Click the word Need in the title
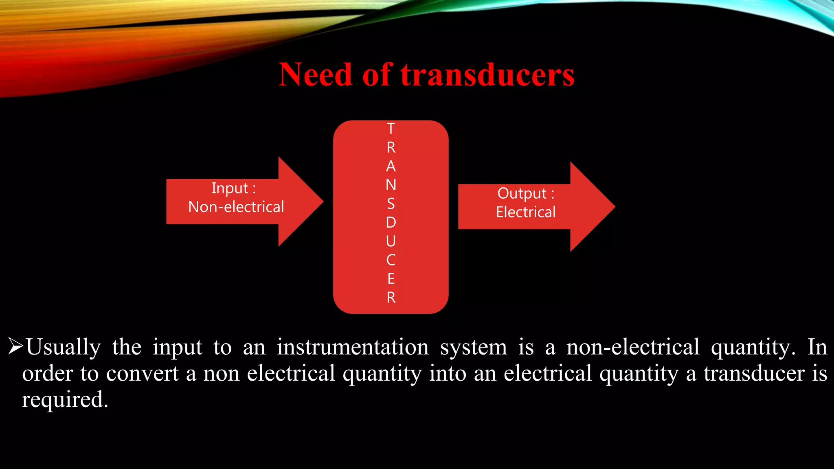tap(315, 75)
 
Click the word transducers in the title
tap(487, 75)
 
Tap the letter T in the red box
tap(391, 129)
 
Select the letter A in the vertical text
tap(391, 166)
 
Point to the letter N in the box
tap(391, 185)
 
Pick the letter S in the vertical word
tap(391, 204)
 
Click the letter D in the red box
tap(391, 222)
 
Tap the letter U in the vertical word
tap(391, 241)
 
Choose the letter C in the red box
tap(391, 260)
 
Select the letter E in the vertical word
tap(391, 279)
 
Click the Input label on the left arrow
tap(230, 188)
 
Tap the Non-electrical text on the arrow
tap(236, 207)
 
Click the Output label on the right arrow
tap(522, 193)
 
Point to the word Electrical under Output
tap(526, 212)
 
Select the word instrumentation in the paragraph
tap(353, 347)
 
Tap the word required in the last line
tap(64, 400)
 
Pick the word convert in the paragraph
tap(142, 373)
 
